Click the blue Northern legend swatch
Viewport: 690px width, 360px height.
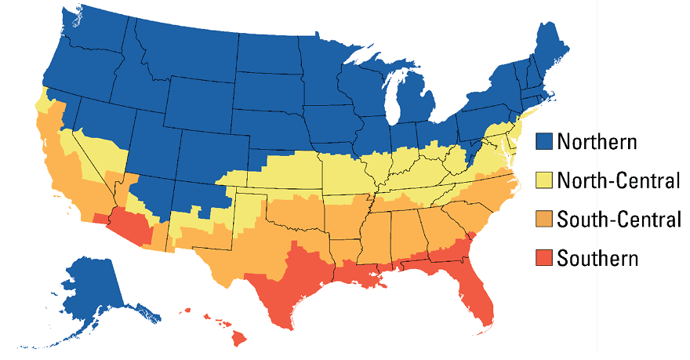coord(546,142)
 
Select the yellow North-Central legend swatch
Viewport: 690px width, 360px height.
coord(546,181)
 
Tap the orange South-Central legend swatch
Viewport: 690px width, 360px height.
coord(546,220)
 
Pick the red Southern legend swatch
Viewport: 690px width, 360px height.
coord(546,258)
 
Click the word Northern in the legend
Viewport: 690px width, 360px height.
coord(597,142)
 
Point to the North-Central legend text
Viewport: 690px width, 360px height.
coord(618,181)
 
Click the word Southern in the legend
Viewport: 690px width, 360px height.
coord(597,258)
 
